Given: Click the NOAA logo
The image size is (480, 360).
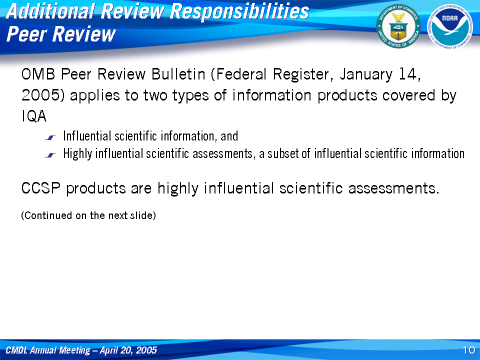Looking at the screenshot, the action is click(x=449, y=26).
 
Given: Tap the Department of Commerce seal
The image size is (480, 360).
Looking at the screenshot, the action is click(x=398, y=26).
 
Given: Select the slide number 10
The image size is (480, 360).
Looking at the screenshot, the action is click(x=469, y=350).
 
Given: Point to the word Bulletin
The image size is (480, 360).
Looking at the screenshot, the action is click(x=178, y=74).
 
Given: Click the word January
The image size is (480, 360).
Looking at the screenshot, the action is click(x=366, y=74).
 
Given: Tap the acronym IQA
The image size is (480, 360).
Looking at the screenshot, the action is click(x=34, y=116).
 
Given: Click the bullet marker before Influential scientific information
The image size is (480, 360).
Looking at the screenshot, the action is click(x=50, y=138).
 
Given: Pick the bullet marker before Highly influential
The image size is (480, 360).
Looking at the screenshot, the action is click(x=50, y=155).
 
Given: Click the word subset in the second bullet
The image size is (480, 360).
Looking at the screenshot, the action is click(x=283, y=153).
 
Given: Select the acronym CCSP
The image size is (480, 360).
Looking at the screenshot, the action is click(x=40, y=188).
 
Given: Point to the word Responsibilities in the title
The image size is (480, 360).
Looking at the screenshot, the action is click(x=239, y=11).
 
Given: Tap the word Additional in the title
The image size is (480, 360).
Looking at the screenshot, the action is click(x=50, y=11).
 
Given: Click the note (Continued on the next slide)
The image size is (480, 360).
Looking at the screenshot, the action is click(x=88, y=215).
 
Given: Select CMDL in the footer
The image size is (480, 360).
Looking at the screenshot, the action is click(x=16, y=350).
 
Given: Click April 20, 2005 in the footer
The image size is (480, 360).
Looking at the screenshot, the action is click(x=128, y=350).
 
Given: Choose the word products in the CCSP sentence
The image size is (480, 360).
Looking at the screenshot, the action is click(x=96, y=188).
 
